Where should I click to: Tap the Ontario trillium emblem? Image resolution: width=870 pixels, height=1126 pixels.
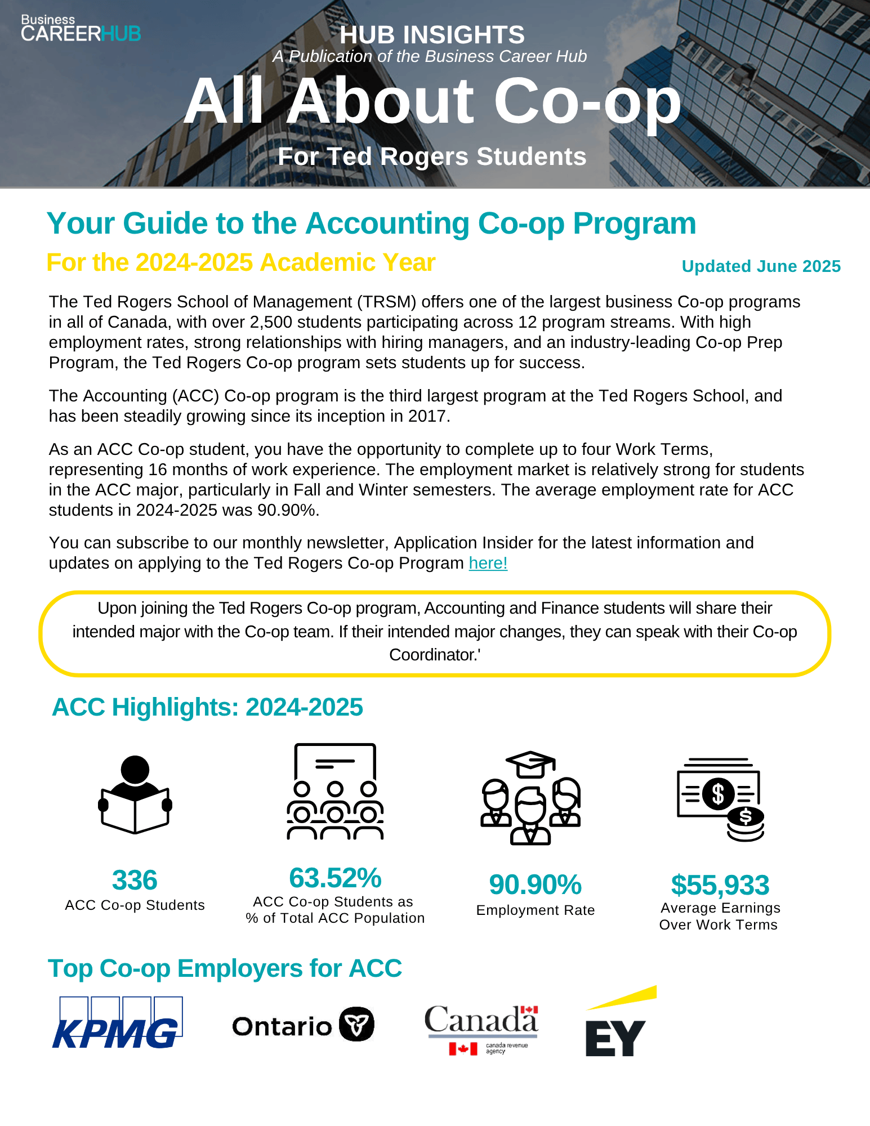[x=356, y=1024]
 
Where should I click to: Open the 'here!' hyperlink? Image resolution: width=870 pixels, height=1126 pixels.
[x=488, y=563]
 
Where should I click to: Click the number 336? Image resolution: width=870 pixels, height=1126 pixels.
[x=135, y=880]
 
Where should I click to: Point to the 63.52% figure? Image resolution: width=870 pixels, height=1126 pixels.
[x=335, y=878]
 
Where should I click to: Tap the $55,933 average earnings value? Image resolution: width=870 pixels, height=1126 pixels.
[x=720, y=885]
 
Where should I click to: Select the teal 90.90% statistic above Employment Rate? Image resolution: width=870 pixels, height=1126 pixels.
[x=535, y=884]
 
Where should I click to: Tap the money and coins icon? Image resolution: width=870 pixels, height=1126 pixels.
[x=720, y=799]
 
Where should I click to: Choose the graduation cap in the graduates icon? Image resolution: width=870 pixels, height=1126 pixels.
[x=530, y=763]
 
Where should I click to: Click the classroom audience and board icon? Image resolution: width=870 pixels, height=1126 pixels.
[x=335, y=791]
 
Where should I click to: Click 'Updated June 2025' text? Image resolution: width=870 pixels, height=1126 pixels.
[x=761, y=266]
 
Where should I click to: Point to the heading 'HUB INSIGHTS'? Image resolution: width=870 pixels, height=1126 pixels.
[x=432, y=35]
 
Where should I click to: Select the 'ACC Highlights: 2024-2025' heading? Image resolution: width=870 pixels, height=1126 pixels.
[x=207, y=707]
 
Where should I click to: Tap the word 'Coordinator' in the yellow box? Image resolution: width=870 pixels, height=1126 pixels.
[x=432, y=655]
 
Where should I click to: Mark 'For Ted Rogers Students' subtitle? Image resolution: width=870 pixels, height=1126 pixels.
[x=432, y=157]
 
